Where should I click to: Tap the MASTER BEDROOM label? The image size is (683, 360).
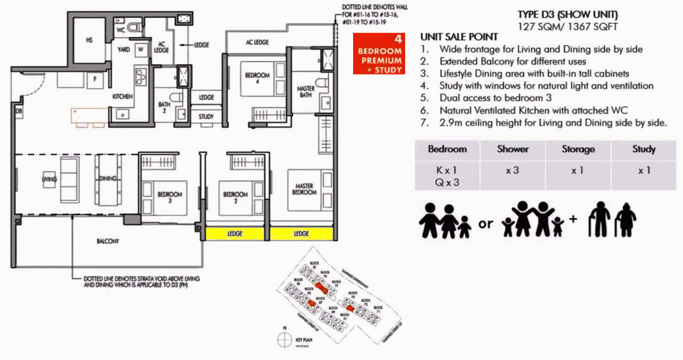(304, 189)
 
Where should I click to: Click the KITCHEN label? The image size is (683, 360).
(122, 97)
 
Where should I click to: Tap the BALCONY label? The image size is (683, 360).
(108, 241)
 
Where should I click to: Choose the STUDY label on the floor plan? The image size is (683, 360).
(206, 117)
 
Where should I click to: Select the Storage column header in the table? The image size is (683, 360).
(578, 149)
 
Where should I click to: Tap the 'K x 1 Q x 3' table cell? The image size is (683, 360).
(447, 176)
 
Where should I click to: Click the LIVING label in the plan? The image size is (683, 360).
(48, 180)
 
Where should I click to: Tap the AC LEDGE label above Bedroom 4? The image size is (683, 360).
(257, 42)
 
